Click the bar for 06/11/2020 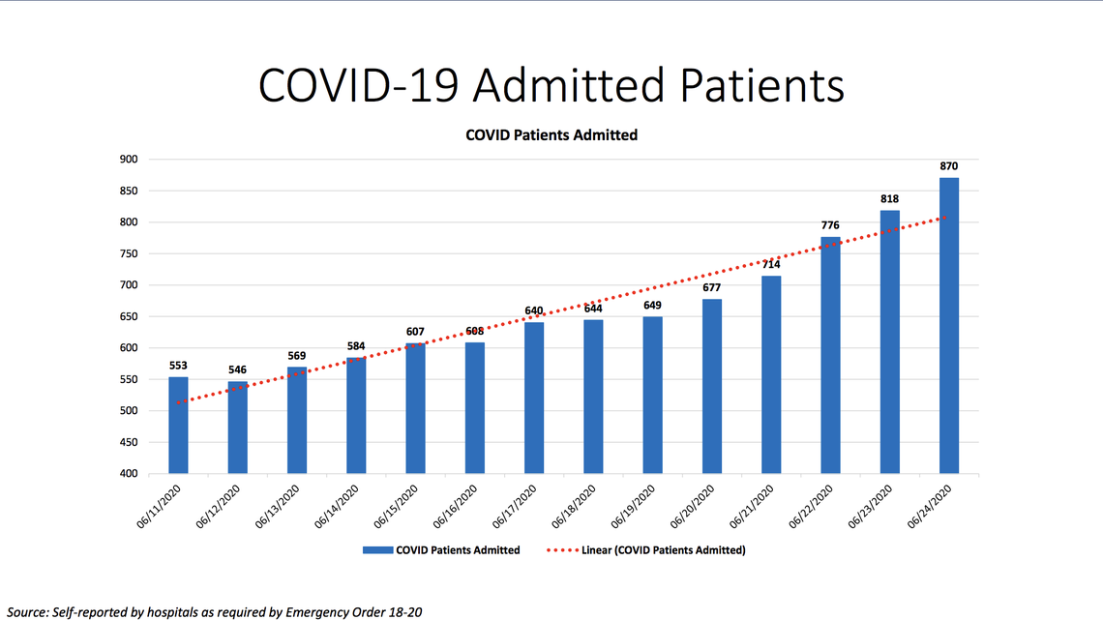pos(178,426)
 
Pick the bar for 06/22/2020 pos(830,355)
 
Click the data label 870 pos(949,166)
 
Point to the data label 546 pos(237,369)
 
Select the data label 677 pos(712,287)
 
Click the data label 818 pos(889,199)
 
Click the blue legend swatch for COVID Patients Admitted pos(376,550)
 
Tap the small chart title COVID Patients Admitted pos(551,135)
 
